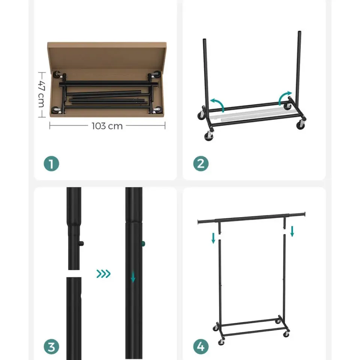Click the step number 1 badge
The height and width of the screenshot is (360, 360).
point(51,164)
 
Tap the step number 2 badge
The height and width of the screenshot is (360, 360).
point(201,164)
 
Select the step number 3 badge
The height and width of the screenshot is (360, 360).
point(51,346)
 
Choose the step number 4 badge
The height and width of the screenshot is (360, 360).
point(201,346)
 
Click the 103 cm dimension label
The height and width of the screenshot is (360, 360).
point(107,126)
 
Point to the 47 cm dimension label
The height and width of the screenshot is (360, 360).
point(41,94)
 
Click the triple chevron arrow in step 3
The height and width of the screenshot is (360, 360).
point(103,274)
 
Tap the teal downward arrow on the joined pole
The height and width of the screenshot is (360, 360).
point(133,277)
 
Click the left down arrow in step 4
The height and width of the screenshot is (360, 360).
point(213,238)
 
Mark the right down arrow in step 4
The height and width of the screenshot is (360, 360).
point(292,231)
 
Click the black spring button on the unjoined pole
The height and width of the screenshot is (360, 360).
point(81,244)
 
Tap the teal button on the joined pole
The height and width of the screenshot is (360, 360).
point(143,244)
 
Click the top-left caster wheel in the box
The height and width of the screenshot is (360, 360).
point(57,75)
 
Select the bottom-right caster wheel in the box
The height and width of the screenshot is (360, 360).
point(157,110)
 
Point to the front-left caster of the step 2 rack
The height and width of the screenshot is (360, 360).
point(208,136)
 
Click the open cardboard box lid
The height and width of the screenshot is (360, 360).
point(107,57)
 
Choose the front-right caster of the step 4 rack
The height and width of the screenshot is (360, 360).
point(286,334)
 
